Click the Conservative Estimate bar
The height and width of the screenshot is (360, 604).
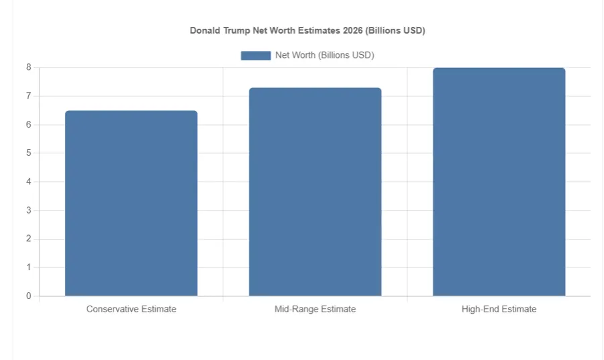tap(131, 203)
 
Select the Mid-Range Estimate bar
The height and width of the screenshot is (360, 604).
tap(315, 191)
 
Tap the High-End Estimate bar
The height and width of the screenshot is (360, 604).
tap(499, 181)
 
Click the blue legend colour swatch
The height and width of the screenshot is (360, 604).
tap(256, 55)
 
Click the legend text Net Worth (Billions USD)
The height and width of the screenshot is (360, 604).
tap(324, 55)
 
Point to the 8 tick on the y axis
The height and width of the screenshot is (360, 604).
tap(29, 67)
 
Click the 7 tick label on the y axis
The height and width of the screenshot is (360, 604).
tap(29, 96)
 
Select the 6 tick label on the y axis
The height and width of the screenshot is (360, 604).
tap(29, 125)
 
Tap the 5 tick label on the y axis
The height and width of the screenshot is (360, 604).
tap(29, 153)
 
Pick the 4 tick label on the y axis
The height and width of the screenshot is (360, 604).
tap(29, 182)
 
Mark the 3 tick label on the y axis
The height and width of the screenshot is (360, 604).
tap(29, 210)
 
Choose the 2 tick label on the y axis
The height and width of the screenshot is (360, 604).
tap(29, 239)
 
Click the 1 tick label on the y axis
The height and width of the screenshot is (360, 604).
tap(29, 267)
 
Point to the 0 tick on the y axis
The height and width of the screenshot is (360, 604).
tap(29, 296)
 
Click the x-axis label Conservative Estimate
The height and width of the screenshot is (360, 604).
tap(131, 309)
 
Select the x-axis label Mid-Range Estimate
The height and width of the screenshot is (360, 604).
tap(315, 309)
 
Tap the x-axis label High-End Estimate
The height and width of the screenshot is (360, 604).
tap(499, 309)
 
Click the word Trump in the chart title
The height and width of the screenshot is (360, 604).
tap(235, 31)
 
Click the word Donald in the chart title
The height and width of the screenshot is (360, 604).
tap(204, 31)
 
